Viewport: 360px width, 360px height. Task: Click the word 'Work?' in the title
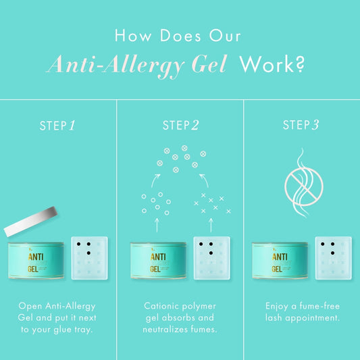272,65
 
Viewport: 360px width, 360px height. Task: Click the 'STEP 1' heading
57,126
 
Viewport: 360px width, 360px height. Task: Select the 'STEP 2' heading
181,125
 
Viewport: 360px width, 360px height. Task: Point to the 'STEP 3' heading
301,125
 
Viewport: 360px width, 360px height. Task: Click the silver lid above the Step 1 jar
30,222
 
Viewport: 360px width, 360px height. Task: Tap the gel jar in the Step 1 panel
36,261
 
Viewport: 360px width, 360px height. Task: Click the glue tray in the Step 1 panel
89,258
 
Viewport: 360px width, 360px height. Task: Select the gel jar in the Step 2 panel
158,261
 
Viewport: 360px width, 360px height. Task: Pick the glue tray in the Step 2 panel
211,258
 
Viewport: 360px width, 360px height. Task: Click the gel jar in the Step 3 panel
280,261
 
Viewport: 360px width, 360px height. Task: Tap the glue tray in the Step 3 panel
334,258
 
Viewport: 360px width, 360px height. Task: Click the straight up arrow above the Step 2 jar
157,225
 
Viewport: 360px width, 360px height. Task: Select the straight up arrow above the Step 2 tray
211,225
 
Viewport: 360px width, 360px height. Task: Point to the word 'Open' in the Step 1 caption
30,307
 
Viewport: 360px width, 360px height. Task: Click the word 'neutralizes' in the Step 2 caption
165,330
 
